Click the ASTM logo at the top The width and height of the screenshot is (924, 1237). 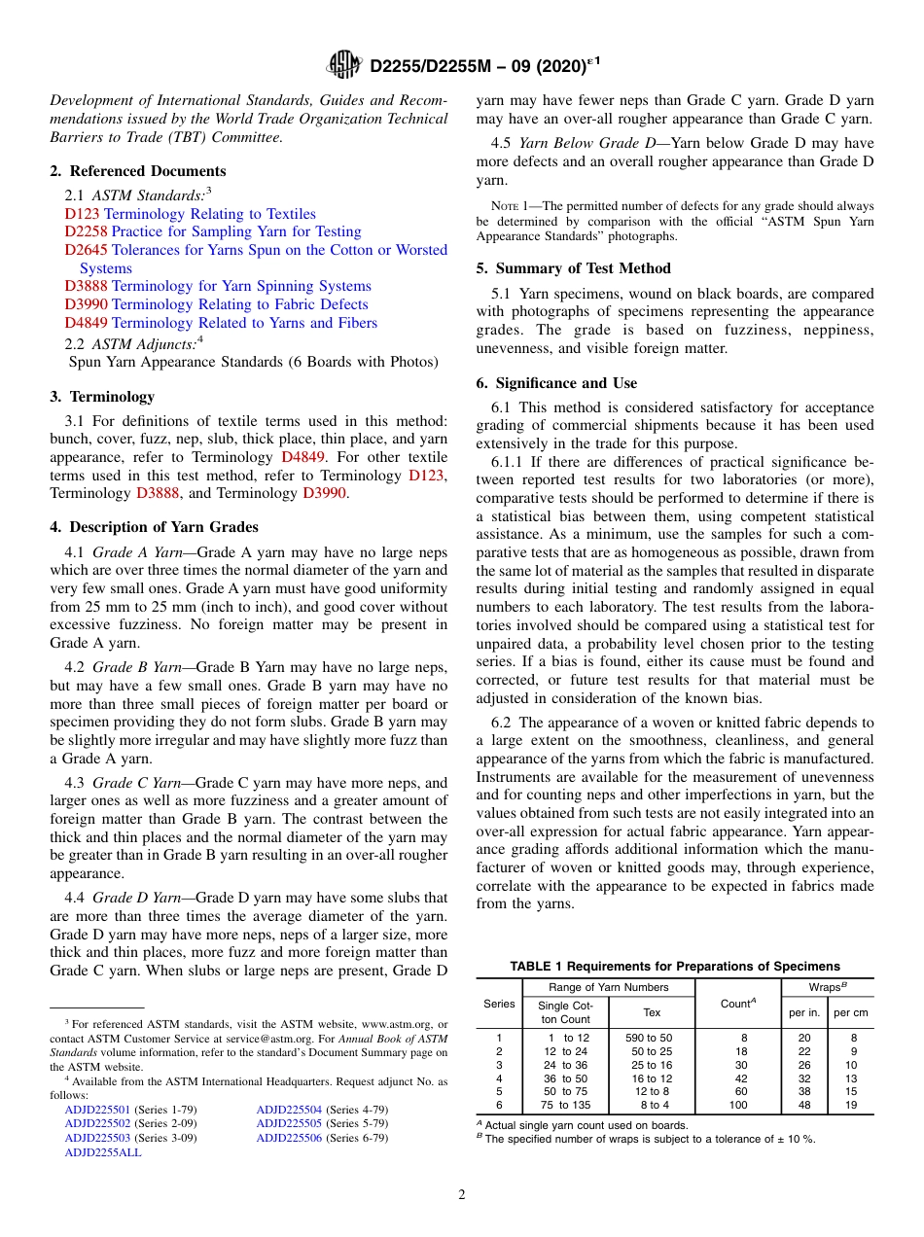point(344,65)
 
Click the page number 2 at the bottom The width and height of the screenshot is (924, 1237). point(462,1195)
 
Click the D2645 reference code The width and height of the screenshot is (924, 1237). point(87,250)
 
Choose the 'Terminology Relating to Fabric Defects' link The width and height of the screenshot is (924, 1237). point(240,304)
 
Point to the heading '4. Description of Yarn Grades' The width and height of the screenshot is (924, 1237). point(154,527)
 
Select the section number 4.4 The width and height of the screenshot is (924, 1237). point(75,898)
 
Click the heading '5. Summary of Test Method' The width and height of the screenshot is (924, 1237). point(573,268)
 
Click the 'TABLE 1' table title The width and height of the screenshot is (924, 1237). point(674,966)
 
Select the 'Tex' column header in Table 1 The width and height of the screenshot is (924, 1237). point(652,1012)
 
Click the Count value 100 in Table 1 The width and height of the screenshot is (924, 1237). point(739,1105)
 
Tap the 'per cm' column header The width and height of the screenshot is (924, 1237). point(850,1012)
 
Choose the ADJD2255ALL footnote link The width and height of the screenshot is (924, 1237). point(103,1151)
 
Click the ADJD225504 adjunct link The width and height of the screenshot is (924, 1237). point(289,1110)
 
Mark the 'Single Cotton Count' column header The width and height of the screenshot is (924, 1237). point(565,1012)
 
